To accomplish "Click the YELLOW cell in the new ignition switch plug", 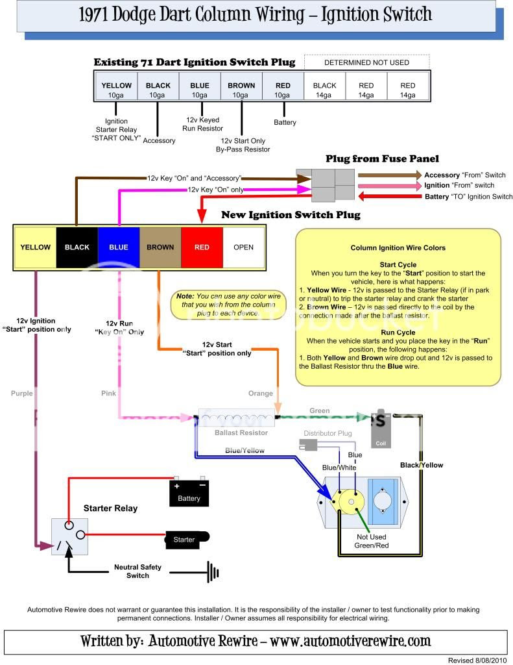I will point(35,247).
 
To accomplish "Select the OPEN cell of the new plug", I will point(243,247).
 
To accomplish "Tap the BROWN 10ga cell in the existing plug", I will point(241,89).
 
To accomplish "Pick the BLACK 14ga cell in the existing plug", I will point(324,89).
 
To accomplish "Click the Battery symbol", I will point(189,493).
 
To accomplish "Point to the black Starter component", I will point(187,539).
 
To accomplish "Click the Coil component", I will point(381,428).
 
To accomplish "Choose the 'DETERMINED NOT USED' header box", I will point(366,62).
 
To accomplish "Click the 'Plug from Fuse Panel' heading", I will point(382,158).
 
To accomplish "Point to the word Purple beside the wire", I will point(22,394).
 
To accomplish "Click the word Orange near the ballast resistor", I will point(260,394).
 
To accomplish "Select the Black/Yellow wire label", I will point(422,465).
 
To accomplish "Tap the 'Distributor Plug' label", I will point(328,433).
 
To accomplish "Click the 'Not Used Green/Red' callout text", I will point(371,541).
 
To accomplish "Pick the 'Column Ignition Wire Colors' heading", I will point(398,248).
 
